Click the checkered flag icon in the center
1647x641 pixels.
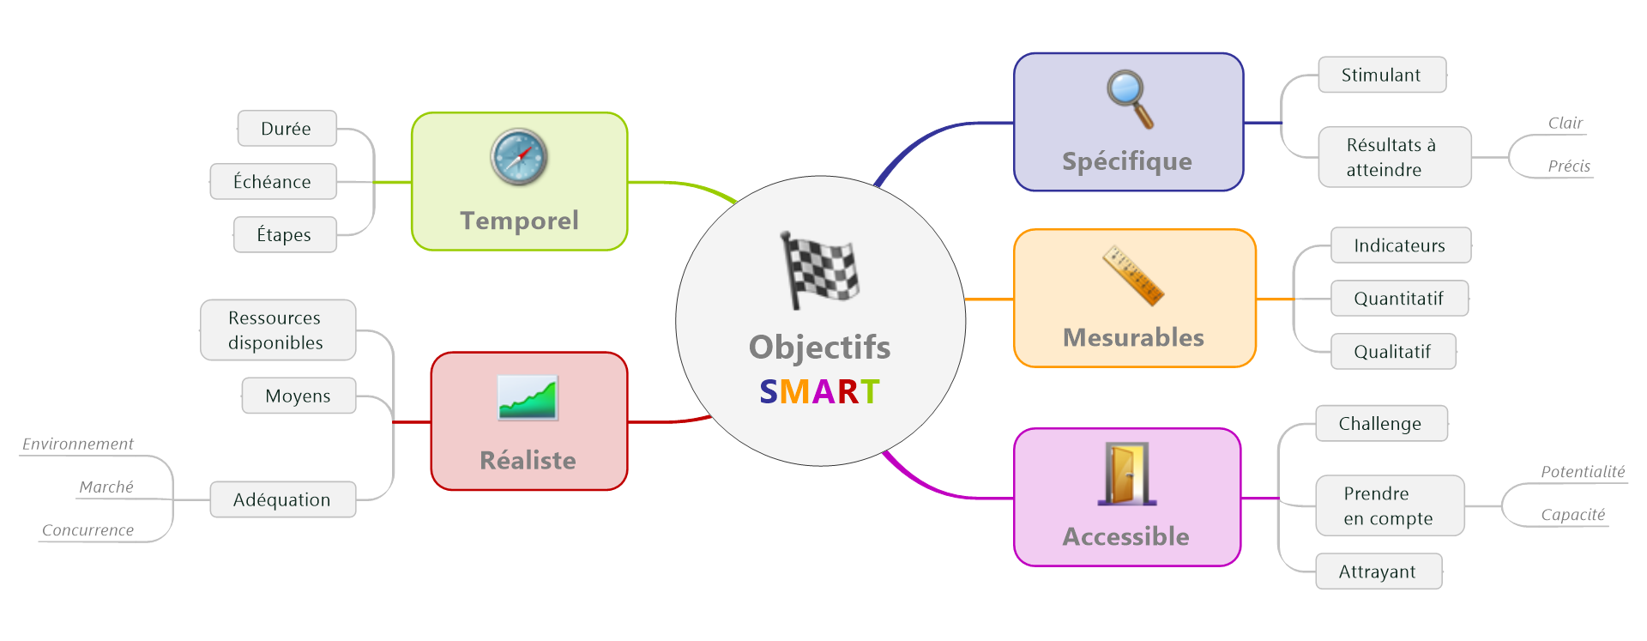[819, 270]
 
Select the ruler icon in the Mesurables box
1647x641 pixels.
[1133, 275]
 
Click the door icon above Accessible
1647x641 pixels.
[1127, 474]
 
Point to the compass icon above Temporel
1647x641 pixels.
[519, 157]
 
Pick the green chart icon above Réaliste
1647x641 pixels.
[528, 398]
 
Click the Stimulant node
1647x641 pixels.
[1381, 75]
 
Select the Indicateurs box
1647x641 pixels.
[1399, 245]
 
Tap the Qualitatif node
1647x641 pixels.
[1392, 351]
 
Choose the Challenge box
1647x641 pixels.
[1380, 423]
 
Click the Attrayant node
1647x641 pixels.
[1378, 571]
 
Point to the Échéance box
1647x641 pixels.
[273, 181]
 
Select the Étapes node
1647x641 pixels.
[284, 234]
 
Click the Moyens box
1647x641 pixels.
[298, 396]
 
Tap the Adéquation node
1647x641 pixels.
[282, 499]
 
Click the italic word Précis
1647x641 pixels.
[1569, 166]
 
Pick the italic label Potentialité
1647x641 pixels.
[1583, 471]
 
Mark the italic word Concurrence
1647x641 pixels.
[88, 530]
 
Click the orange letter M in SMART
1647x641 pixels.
[794, 391]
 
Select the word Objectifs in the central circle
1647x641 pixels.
[819, 347]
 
